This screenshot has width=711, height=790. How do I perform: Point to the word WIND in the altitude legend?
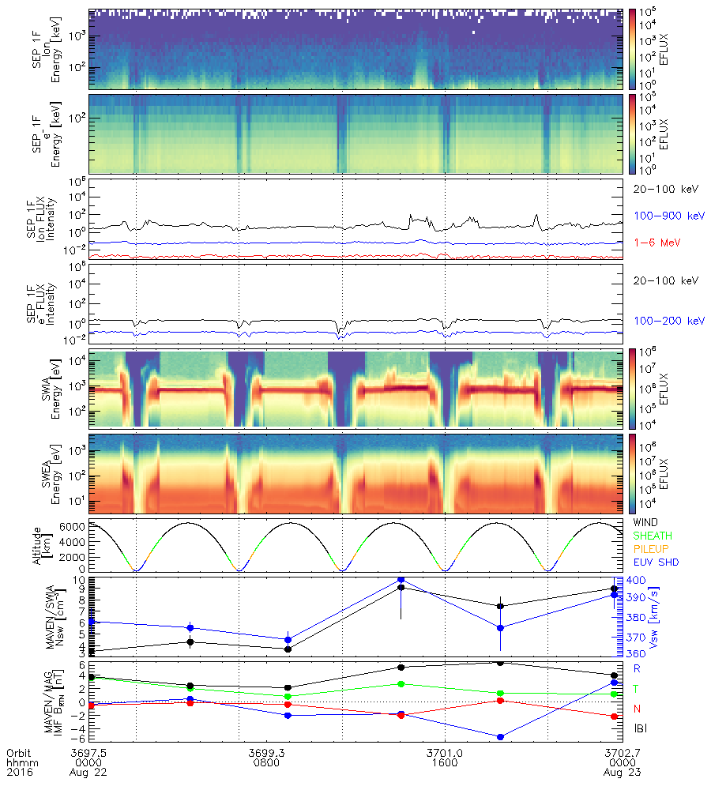tap(647, 523)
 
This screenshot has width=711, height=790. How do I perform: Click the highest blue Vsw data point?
tap(401, 580)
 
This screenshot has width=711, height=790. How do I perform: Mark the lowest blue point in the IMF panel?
tap(501, 737)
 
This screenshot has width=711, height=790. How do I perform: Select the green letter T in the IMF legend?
tap(637, 689)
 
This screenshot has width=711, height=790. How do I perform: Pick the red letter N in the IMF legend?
tap(637, 708)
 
